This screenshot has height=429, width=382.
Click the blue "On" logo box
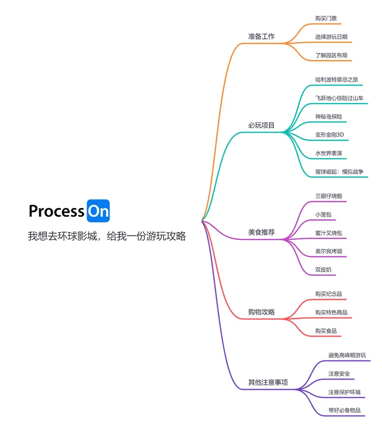(98, 211)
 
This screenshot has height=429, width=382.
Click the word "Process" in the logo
(56, 211)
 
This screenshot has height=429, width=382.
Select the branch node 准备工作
(261, 37)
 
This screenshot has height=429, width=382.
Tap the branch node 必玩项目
(261, 126)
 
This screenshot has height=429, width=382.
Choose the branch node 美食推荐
(261, 232)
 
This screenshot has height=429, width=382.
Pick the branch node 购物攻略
(261, 312)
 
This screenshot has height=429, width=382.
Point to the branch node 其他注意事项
(268, 382)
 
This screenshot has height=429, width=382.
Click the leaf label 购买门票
(325, 19)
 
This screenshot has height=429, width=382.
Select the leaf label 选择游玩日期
(331, 37)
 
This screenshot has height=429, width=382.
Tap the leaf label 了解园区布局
(331, 55)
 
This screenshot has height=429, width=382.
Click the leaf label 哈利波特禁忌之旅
(337, 80)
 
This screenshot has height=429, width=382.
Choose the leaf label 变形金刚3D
(329, 135)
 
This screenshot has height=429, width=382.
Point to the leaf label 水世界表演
(328, 153)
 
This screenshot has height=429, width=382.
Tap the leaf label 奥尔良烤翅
(328, 251)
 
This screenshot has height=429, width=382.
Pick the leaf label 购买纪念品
(328, 294)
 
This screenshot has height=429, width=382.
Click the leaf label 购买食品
(326, 331)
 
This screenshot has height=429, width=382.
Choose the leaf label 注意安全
(339, 374)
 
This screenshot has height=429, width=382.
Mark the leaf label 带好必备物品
(344, 410)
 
